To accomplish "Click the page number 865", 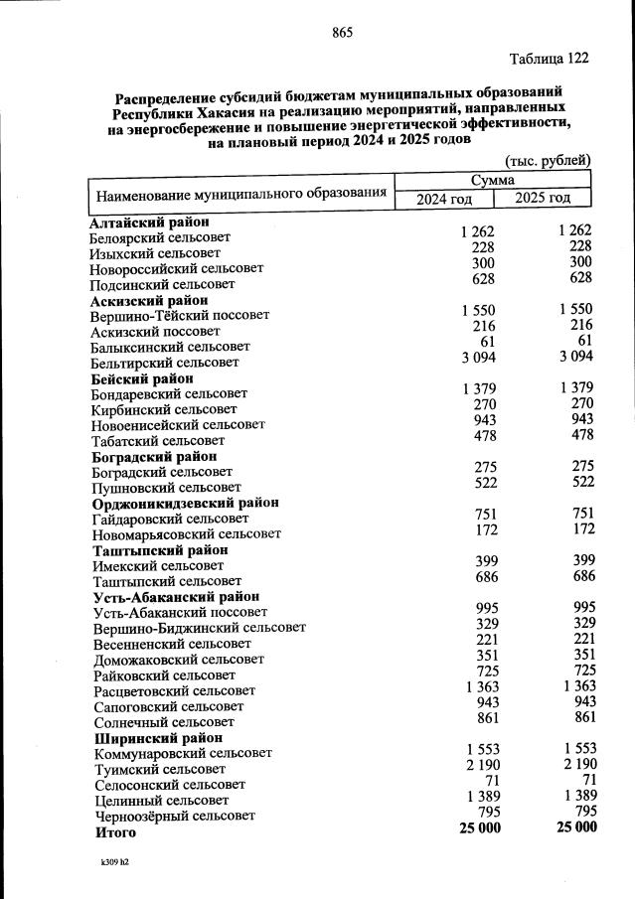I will click(343, 33).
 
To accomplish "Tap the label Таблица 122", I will click(550, 59).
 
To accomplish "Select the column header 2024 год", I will click(444, 199).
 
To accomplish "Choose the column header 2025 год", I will click(544, 198).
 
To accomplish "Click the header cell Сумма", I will click(494, 180).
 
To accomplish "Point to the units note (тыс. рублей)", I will click(549, 160).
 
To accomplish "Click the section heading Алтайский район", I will click(148, 223).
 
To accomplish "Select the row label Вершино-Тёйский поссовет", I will click(180, 315).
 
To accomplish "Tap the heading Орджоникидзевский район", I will click(185, 503).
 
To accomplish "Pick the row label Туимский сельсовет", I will click(159, 769).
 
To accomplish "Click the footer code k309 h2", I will click(114, 861).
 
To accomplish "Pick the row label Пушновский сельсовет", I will click(166, 488).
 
